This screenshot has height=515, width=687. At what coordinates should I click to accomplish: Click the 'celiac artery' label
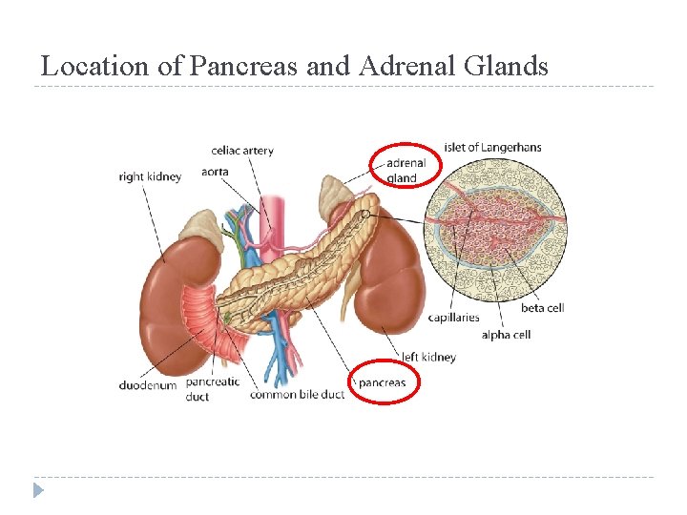242,151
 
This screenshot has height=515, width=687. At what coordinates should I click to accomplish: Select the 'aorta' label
216,172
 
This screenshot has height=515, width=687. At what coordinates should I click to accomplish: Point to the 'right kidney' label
150,176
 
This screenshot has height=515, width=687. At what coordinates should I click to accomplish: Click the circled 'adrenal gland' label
401,171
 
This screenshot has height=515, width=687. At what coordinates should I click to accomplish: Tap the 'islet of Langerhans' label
493,147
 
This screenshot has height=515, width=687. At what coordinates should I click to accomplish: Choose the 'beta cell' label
542,308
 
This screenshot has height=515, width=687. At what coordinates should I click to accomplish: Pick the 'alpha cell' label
506,335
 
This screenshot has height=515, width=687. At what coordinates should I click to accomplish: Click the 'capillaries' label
453,318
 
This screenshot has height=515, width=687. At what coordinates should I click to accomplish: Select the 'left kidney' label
428,357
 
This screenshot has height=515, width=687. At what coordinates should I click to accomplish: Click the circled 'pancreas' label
382,383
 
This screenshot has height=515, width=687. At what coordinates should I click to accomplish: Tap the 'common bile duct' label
297,395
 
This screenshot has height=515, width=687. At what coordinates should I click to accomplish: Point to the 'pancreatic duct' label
212,389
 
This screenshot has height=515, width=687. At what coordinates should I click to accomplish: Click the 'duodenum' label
148,385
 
